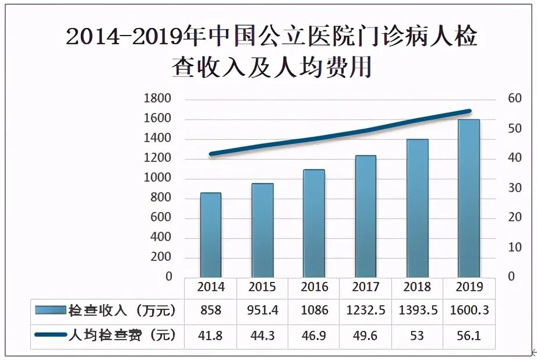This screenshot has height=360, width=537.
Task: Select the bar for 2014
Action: (x=210, y=235)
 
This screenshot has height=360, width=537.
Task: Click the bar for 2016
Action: (x=314, y=223)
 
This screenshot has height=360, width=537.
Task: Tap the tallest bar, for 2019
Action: (x=469, y=198)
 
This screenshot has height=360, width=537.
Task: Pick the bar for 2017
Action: (x=366, y=216)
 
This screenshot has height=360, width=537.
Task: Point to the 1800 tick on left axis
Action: (x=157, y=98)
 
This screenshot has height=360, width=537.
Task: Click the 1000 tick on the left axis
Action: (x=157, y=178)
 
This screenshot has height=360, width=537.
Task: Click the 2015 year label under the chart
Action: (x=262, y=287)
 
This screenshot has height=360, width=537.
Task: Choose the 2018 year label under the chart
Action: (x=417, y=287)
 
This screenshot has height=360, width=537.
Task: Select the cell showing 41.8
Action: (x=210, y=336)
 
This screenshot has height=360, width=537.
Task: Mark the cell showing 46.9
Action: (x=314, y=336)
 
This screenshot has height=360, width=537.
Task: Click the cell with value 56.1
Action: (x=469, y=336)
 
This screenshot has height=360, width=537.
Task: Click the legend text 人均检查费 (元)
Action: (x=122, y=336)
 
